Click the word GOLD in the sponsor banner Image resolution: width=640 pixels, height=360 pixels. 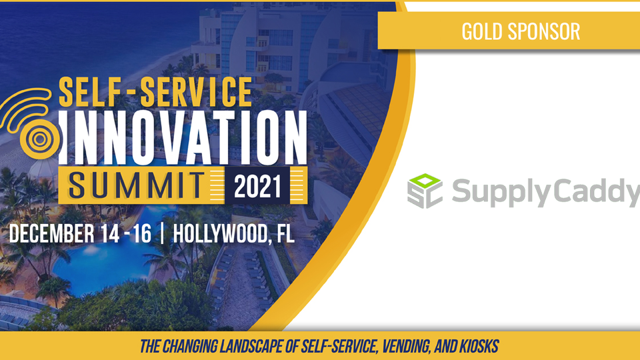(x=482, y=31)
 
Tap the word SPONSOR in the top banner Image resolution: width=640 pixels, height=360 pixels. (x=544, y=31)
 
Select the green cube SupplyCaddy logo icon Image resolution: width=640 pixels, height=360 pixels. (x=425, y=191)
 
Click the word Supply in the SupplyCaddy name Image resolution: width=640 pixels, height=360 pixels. (x=501, y=192)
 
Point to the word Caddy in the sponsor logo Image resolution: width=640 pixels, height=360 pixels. (x=595, y=192)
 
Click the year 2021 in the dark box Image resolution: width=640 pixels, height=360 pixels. (x=257, y=186)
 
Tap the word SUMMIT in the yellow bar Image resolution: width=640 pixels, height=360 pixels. (x=136, y=185)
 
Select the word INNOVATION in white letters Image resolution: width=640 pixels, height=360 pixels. (x=183, y=137)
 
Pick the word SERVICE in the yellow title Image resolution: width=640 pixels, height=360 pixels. (x=196, y=92)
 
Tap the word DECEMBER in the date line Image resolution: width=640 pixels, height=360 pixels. (x=51, y=234)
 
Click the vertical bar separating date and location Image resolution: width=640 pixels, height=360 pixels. (x=163, y=234)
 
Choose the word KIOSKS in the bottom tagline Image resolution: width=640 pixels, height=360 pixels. (x=479, y=347)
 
